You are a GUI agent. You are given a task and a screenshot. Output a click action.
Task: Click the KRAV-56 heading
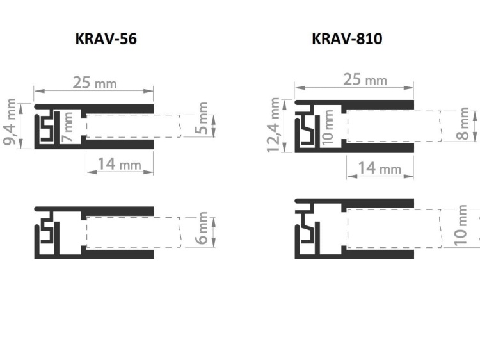(x=106, y=39)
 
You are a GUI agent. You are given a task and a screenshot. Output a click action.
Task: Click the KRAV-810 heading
(x=347, y=39)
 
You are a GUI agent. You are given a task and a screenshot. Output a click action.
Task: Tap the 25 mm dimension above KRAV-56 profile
(x=94, y=83)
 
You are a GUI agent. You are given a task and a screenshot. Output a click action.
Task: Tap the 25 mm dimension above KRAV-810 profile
(x=365, y=79)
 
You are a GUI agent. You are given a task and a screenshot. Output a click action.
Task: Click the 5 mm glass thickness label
(x=203, y=120)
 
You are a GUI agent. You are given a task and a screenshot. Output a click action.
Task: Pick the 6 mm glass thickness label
(x=203, y=230)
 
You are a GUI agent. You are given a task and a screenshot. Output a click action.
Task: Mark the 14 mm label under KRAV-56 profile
(x=119, y=165)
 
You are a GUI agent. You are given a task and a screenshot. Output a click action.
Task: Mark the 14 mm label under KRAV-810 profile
(x=380, y=168)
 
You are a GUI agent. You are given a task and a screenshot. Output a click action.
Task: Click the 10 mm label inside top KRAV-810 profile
(x=329, y=126)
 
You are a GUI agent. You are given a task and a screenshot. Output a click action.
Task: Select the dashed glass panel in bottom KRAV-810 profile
(x=394, y=228)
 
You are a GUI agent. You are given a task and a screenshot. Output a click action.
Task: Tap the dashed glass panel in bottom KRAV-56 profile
(x=131, y=232)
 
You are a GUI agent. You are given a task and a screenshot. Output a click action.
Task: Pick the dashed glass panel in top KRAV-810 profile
(x=394, y=126)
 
